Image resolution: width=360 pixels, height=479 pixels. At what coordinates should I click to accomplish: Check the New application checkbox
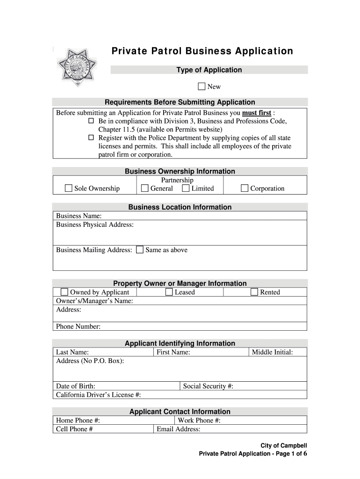(202, 86)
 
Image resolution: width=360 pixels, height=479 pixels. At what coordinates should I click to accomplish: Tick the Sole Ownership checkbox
(69, 189)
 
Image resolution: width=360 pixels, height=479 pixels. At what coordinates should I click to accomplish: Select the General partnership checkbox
(145, 189)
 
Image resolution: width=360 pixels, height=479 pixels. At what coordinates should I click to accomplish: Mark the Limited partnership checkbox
(186, 189)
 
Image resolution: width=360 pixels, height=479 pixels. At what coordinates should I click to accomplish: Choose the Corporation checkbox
(245, 189)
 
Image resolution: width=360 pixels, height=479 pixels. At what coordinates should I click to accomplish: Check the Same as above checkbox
(140, 250)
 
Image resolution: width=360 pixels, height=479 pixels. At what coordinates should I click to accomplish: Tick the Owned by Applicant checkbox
(65, 292)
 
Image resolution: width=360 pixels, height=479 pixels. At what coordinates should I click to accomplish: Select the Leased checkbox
(169, 292)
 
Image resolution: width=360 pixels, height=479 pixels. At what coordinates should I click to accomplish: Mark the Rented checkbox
(254, 292)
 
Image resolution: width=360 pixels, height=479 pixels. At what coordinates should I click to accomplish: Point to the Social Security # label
(208, 386)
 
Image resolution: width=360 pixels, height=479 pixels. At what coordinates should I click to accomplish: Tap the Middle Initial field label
(272, 352)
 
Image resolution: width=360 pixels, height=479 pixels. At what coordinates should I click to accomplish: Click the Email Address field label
(179, 429)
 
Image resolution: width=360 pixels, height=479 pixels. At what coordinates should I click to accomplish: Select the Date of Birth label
(76, 386)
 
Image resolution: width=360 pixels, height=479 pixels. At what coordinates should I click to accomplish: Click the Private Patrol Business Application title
(202, 51)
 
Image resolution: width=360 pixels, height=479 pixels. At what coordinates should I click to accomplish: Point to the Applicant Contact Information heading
(180, 412)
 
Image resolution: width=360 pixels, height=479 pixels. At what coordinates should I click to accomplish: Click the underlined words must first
(256, 113)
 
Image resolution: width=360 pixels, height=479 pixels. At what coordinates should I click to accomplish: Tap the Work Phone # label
(199, 421)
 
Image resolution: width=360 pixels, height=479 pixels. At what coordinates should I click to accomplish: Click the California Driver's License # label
(98, 395)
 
